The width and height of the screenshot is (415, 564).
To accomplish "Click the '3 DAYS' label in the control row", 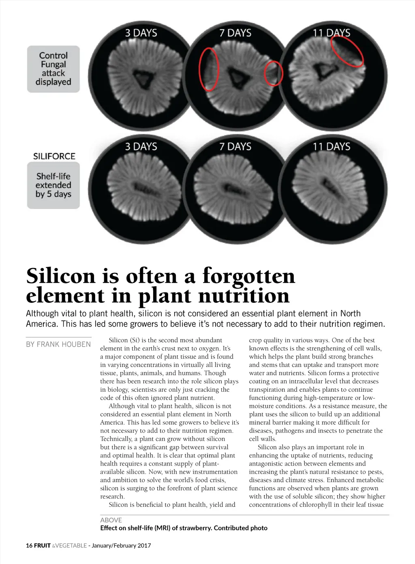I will (x=141, y=33).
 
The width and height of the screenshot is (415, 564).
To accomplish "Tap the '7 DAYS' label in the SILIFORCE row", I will (x=235, y=146).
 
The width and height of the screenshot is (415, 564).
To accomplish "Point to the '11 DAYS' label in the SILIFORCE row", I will (x=331, y=146).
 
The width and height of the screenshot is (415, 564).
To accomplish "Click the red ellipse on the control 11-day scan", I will (x=347, y=51).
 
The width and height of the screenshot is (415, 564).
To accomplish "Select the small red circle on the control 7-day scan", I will (x=273, y=73).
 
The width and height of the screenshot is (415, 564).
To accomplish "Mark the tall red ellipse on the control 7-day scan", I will (x=209, y=69).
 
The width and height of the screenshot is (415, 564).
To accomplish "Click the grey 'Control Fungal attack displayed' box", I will (x=53, y=69).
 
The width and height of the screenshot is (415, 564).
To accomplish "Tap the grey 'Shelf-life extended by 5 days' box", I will (x=53, y=185).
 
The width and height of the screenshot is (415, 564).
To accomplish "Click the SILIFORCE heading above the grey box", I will (x=54, y=157).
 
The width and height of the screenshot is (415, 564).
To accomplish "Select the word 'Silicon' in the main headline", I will (x=61, y=276).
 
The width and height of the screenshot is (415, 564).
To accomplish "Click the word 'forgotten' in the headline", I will (x=248, y=276).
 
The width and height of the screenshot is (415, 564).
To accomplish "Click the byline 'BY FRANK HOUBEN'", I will (x=58, y=345).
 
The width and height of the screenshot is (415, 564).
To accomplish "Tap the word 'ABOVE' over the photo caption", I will (x=111, y=520).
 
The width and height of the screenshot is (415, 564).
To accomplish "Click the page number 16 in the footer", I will (x=29, y=546).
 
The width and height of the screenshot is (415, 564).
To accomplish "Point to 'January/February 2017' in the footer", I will (x=121, y=546).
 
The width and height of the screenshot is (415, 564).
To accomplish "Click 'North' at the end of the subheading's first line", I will (x=351, y=313).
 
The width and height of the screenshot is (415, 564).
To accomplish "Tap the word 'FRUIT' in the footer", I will (x=42, y=546).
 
